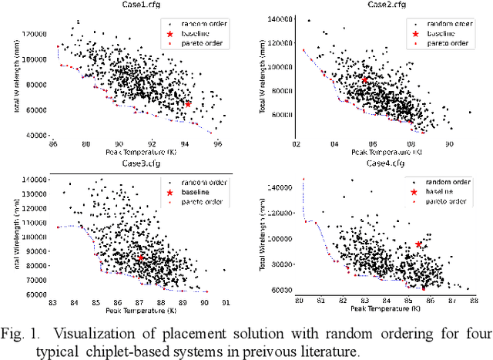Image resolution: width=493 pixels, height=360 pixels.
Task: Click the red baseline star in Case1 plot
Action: (187, 103)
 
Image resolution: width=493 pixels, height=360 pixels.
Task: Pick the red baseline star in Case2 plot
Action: (365, 79)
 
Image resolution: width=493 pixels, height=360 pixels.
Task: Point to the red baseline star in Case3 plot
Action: (140, 258)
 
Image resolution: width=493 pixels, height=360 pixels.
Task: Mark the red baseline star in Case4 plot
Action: (419, 244)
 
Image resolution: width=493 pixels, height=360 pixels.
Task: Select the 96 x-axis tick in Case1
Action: (218, 143)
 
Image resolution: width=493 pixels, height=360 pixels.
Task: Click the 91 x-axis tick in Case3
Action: (225, 302)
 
